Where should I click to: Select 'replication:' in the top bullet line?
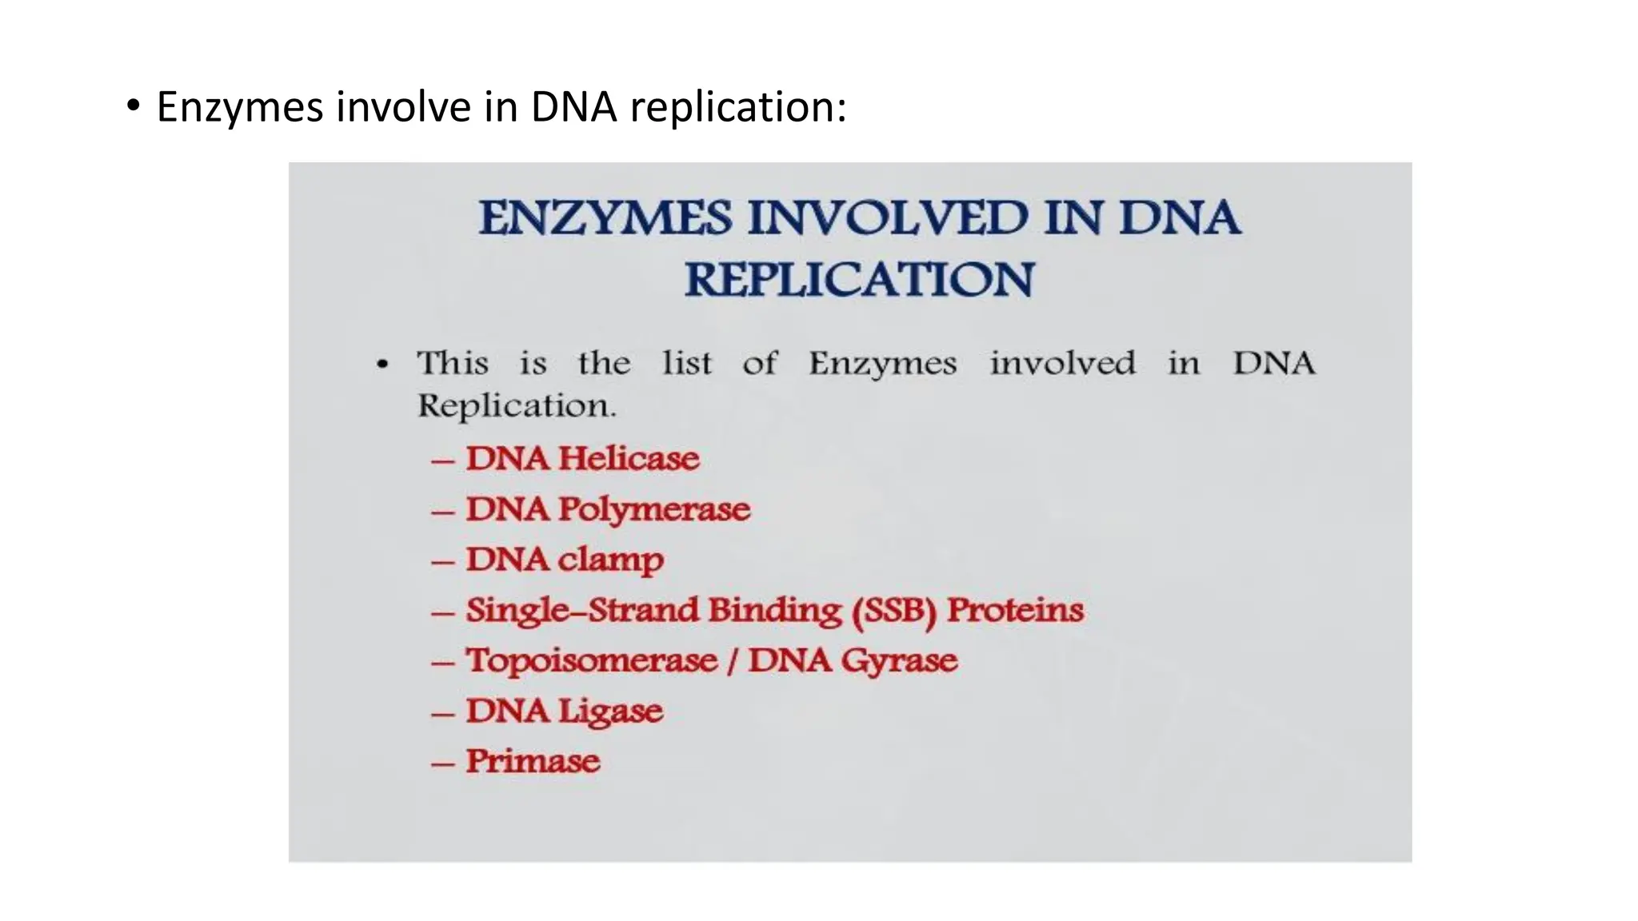point(737,107)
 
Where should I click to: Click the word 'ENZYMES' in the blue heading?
point(605,217)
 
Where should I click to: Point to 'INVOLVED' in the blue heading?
point(887,217)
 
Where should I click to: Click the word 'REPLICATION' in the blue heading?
point(859,280)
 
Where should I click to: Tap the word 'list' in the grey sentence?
point(686,364)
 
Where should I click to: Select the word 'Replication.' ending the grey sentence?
point(517,406)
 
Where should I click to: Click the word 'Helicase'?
point(629,459)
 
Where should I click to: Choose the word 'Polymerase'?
point(654,510)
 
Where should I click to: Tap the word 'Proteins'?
point(1015,611)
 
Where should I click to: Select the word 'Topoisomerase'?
point(592,661)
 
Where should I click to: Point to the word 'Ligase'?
point(610,712)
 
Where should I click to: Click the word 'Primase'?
point(533,761)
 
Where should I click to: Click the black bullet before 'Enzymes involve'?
point(133,106)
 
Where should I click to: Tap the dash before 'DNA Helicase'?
point(442,461)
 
